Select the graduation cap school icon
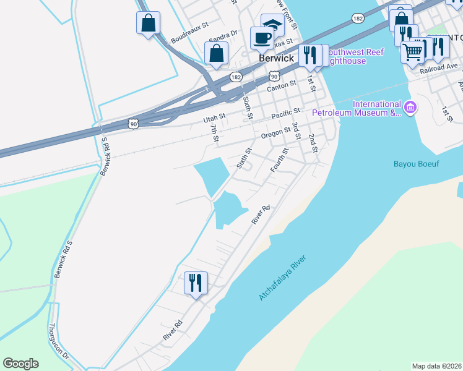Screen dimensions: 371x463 [272, 25]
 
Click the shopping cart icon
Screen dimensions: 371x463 [413, 51]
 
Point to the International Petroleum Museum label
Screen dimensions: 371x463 [357, 108]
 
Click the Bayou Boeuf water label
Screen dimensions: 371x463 [416, 164]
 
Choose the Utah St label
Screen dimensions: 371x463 [215, 116]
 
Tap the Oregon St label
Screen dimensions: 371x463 [275, 134]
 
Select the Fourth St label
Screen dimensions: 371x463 [280, 160]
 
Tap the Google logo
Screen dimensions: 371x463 [21, 364]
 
